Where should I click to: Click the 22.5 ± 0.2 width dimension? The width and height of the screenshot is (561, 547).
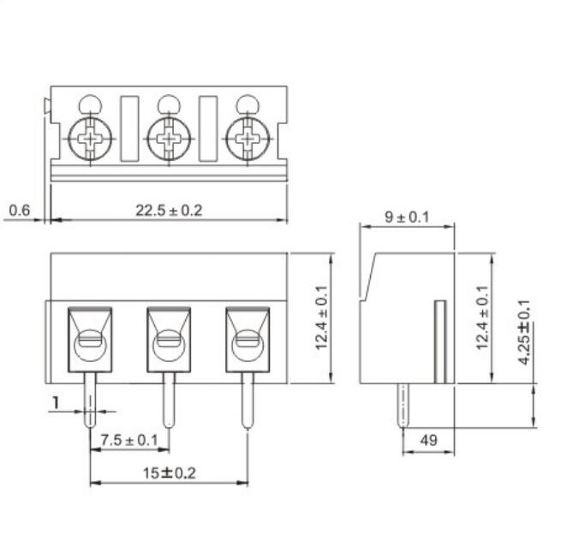point(169,210)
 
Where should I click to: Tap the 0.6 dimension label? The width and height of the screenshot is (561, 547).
point(19,210)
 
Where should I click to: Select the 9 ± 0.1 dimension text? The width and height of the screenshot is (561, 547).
point(406,217)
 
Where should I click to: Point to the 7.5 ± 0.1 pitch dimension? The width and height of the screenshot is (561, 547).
point(129,440)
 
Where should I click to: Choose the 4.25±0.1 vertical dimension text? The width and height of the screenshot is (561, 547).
point(523,333)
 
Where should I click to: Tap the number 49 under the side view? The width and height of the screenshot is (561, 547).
point(427,440)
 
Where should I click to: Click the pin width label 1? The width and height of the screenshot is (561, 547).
point(57,401)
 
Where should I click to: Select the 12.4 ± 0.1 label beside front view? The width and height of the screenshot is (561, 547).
point(323,318)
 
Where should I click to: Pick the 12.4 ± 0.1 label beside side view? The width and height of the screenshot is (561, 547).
point(482,318)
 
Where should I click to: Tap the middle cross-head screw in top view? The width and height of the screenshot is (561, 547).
point(168,137)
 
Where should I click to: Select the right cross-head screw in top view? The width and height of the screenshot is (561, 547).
point(248,137)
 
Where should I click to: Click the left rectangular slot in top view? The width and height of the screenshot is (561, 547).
point(129,128)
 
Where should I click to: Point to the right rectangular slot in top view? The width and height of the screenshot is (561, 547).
point(208,128)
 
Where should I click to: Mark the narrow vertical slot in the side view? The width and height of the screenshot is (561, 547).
point(440,342)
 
